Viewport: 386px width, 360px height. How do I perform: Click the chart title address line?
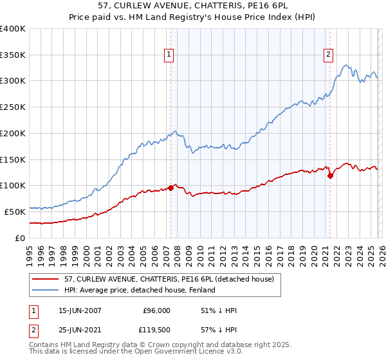click(194, 6)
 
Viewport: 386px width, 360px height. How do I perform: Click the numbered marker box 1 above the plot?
click(169, 55)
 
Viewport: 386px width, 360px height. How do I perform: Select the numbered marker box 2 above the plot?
click(328, 55)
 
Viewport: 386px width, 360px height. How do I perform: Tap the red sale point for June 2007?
click(171, 188)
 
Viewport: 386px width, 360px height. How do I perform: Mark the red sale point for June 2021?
click(330, 175)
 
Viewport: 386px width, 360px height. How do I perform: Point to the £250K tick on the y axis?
click(13, 107)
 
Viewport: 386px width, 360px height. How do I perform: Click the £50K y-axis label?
click(15, 211)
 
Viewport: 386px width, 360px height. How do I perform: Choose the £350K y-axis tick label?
click(13, 55)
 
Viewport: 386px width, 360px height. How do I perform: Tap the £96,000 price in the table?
click(156, 310)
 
